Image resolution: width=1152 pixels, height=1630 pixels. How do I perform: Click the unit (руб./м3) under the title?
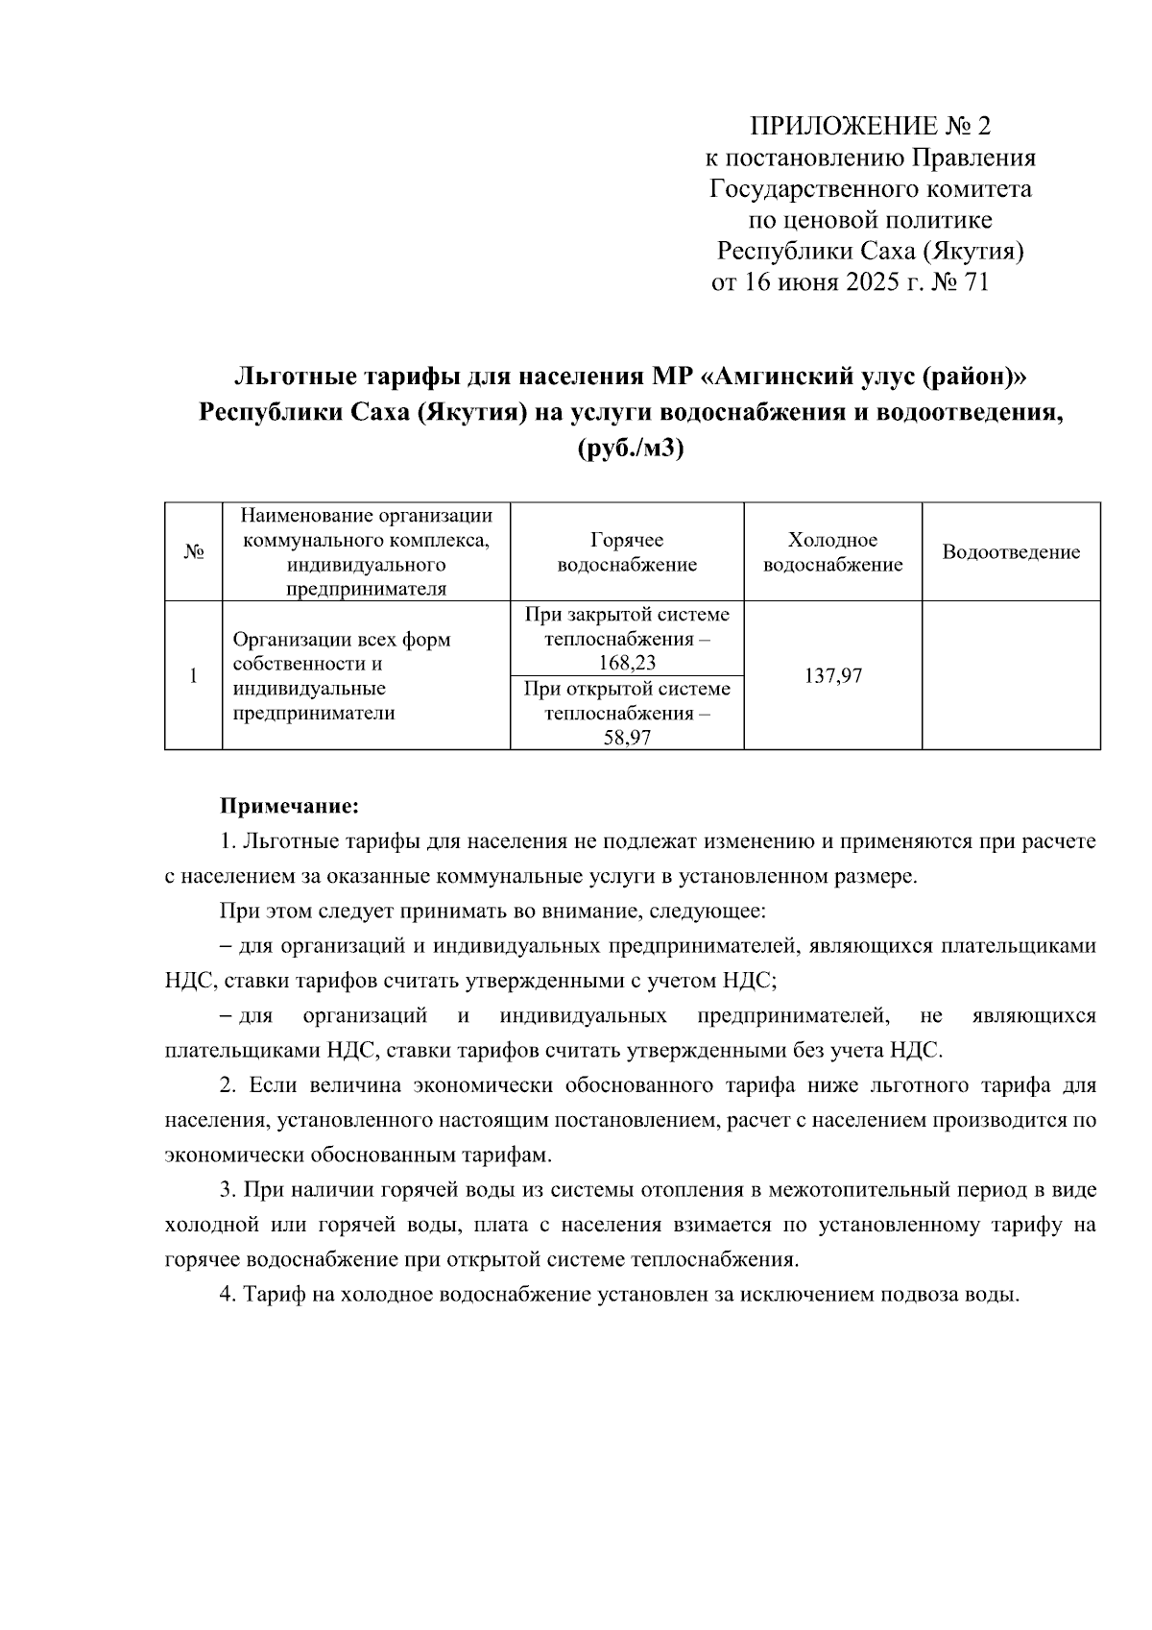point(631,449)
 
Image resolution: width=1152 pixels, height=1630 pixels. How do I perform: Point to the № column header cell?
point(193,552)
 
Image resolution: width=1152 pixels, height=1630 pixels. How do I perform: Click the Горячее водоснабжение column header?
point(627,552)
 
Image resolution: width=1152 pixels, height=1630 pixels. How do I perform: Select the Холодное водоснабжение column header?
point(832,552)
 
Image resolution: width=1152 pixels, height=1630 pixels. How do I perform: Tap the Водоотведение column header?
point(1011,552)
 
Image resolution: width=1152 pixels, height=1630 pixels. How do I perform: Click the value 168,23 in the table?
point(627,663)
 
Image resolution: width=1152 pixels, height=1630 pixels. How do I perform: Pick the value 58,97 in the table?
point(627,738)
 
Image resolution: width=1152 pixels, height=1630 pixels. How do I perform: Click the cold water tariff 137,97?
point(832,676)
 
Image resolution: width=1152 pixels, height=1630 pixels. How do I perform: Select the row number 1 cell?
point(193,676)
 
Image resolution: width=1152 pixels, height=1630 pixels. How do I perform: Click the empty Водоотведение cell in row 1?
point(1011,676)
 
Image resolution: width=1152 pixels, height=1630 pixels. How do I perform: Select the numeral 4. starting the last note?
point(228,1294)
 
